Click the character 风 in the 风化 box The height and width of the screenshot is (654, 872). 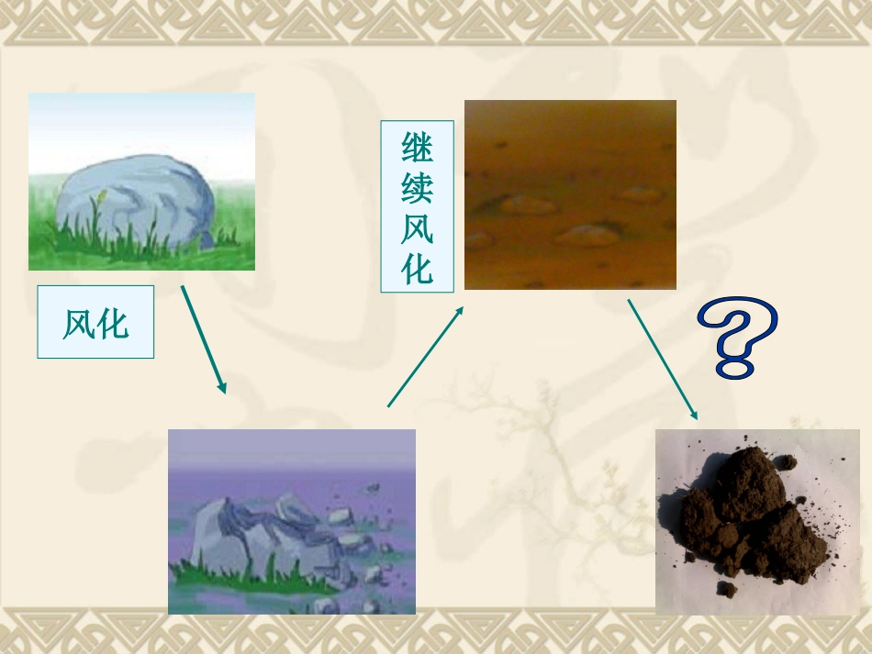click(78, 323)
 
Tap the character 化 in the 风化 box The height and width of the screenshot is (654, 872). click(114, 323)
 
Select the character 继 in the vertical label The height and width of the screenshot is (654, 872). click(417, 148)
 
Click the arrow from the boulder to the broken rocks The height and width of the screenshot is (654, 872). click(204, 339)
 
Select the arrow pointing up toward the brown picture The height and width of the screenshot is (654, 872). click(425, 357)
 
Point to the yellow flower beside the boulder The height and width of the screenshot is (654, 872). click(102, 195)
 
